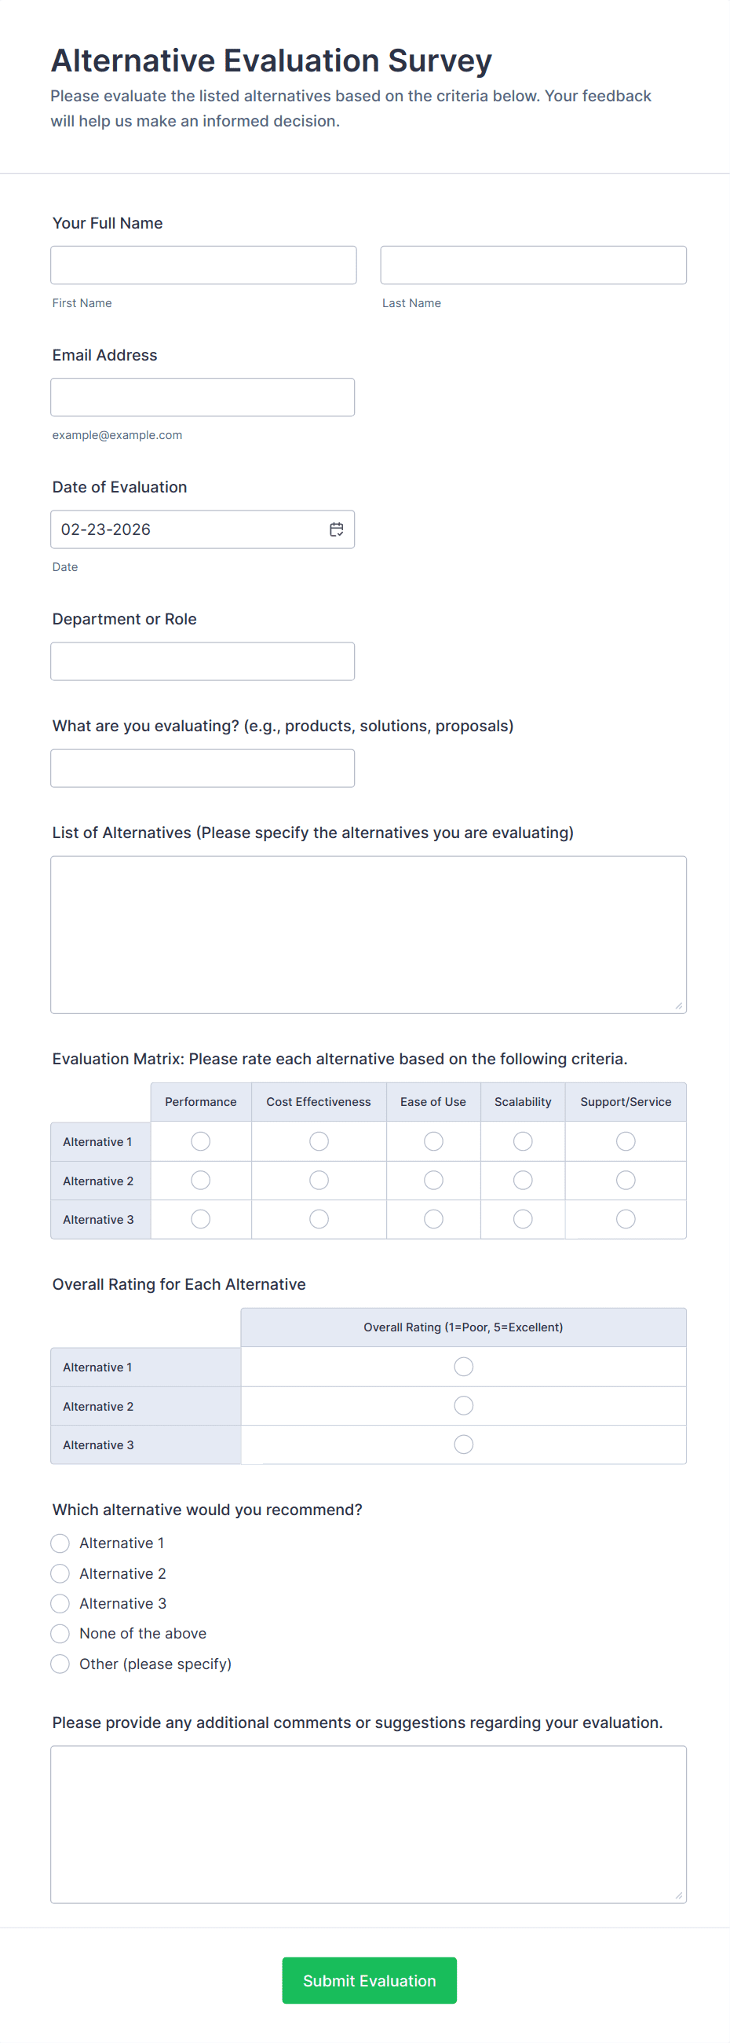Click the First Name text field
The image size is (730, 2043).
pyautogui.click(x=203, y=265)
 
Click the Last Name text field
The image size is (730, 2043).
pyautogui.click(x=533, y=265)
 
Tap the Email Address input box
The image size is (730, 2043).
pyautogui.click(x=202, y=397)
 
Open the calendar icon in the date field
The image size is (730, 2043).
pyautogui.click(x=336, y=529)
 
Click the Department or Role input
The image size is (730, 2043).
pyautogui.click(x=202, y=661)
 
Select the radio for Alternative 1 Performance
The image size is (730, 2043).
pyautogui.click(x=200, y=1141)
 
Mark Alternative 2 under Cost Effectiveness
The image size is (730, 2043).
pyautogui.click(x=319, y=1180)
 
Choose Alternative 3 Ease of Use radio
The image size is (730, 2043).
pyautogui.click(x=433, y=1219)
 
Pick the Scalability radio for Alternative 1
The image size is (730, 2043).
pyautogui.click(x=522, y=1141)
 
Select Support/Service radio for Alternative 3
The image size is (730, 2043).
pyautogui.click(x=626, y=1219)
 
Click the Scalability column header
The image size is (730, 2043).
pyautogui.click(x=522, y=1101)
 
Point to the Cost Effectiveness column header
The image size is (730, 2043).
pyautogui.click(x=319, y=1101)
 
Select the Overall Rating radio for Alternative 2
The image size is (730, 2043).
pyautogui.click(x=464, y=1405)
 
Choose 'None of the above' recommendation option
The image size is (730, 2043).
pyautogui.click(x=60, y=1634)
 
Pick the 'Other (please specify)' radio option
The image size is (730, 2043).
pyautogui.click(x=60, y=1664)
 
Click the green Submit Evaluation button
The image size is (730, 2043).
pyautogui.click(x=370, y=1980)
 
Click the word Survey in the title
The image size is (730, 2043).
pyautogui.click(x=440, y=61)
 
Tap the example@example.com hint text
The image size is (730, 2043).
pyautogui.click(x=117, y=434)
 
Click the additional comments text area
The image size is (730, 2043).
pyautogui.click(x=369, y=1824)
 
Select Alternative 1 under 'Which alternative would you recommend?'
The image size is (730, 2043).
pyautogui.click(x=60, y=1543)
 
